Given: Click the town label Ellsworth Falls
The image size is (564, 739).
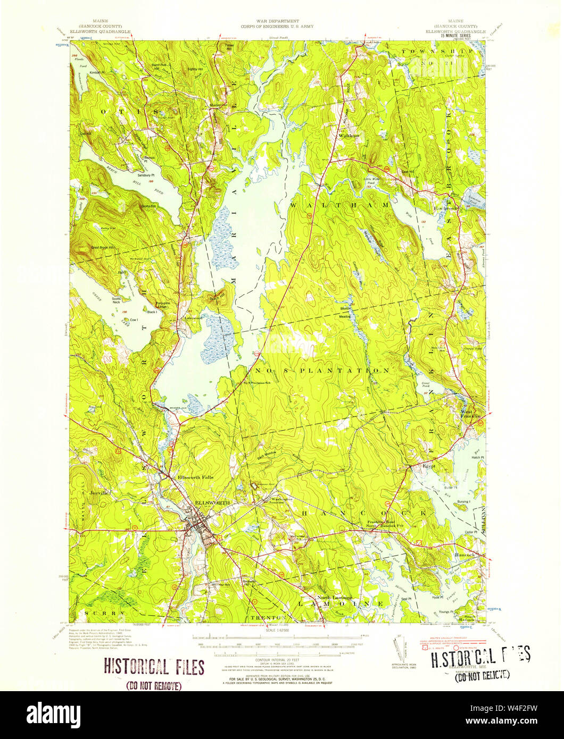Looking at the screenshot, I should [x=195, y=477].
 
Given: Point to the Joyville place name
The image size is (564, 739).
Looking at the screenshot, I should [x=99, y=493].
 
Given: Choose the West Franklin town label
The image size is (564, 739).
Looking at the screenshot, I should [x=470, y=415].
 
